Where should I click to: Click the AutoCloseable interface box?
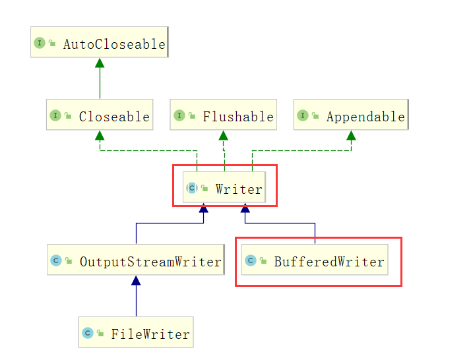[x=99, y=43]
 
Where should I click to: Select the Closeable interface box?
[x=100, y=115]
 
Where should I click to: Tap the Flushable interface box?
[x=223, y=115]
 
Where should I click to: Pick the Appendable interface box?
[x=350, y=115]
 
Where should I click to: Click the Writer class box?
[x=224, y=188]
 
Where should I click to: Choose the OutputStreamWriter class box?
[x=136, y=260]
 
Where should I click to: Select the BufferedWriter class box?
[x=315, y=260]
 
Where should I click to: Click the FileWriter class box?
[x=136, y=333]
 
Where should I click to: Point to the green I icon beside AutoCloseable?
[x=39, y=44]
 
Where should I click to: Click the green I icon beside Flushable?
[x=179, y=116]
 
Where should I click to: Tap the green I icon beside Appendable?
[x=302, y=116]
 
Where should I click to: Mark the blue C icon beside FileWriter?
[x=87, y=334]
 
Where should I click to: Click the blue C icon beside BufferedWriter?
[x=251, y=261]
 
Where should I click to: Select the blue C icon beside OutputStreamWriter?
[x=56, y=261]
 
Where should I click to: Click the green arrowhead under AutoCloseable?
[x=100, y=63]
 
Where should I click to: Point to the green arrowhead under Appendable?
[x=351, y=135]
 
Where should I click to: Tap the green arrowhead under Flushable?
[x=224, y=135]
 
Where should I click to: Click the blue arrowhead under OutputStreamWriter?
[x=136, y=280]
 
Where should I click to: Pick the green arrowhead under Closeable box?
[x=100, y=135]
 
